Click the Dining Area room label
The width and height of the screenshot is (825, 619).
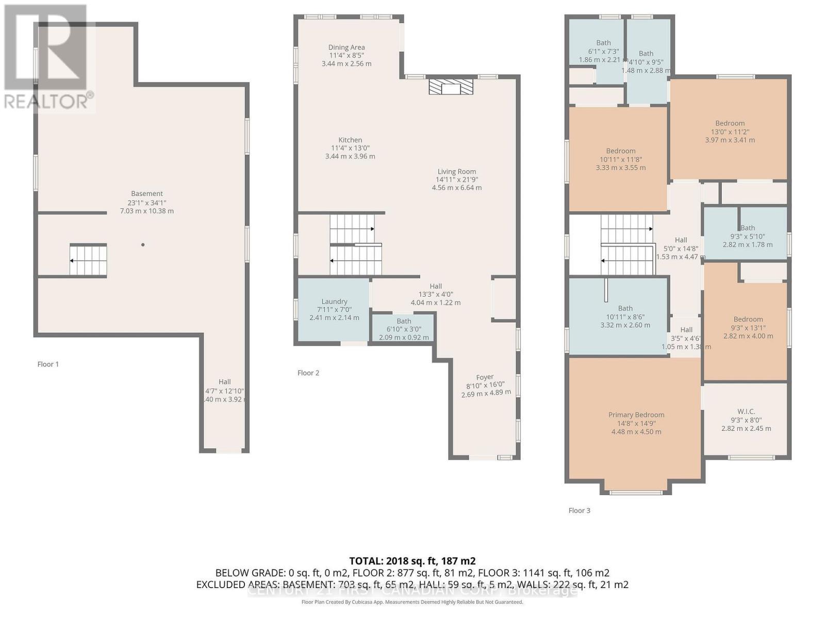click(346, 47)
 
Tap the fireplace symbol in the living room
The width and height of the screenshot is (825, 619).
click(451, 87)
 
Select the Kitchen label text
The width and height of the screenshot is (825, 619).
click(350, 140)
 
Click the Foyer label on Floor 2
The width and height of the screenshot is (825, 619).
click(485, 377)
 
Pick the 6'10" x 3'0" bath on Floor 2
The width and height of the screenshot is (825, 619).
click(404, 329)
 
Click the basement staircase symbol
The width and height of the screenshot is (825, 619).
click(88, 260)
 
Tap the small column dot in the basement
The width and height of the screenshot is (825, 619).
click(143, 245)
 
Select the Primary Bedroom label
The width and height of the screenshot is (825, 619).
click(636, 415)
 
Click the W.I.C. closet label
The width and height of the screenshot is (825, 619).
click(746, 411)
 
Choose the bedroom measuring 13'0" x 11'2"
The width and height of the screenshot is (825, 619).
click(730, 131)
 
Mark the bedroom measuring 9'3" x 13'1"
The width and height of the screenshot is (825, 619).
click(748, 327)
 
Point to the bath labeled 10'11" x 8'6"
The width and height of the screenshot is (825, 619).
click(625, 316)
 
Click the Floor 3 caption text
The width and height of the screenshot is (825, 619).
click(579, 510)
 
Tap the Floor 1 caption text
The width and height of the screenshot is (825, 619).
click(48, 364)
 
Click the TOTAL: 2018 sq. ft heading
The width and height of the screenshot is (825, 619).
click(412, 561)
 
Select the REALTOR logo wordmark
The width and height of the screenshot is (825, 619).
click(49, 101)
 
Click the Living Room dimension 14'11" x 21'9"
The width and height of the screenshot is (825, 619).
click(457, 180)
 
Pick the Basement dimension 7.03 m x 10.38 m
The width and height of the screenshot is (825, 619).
click(147, 211)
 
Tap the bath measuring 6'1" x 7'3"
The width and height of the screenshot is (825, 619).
click(603, 51)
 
